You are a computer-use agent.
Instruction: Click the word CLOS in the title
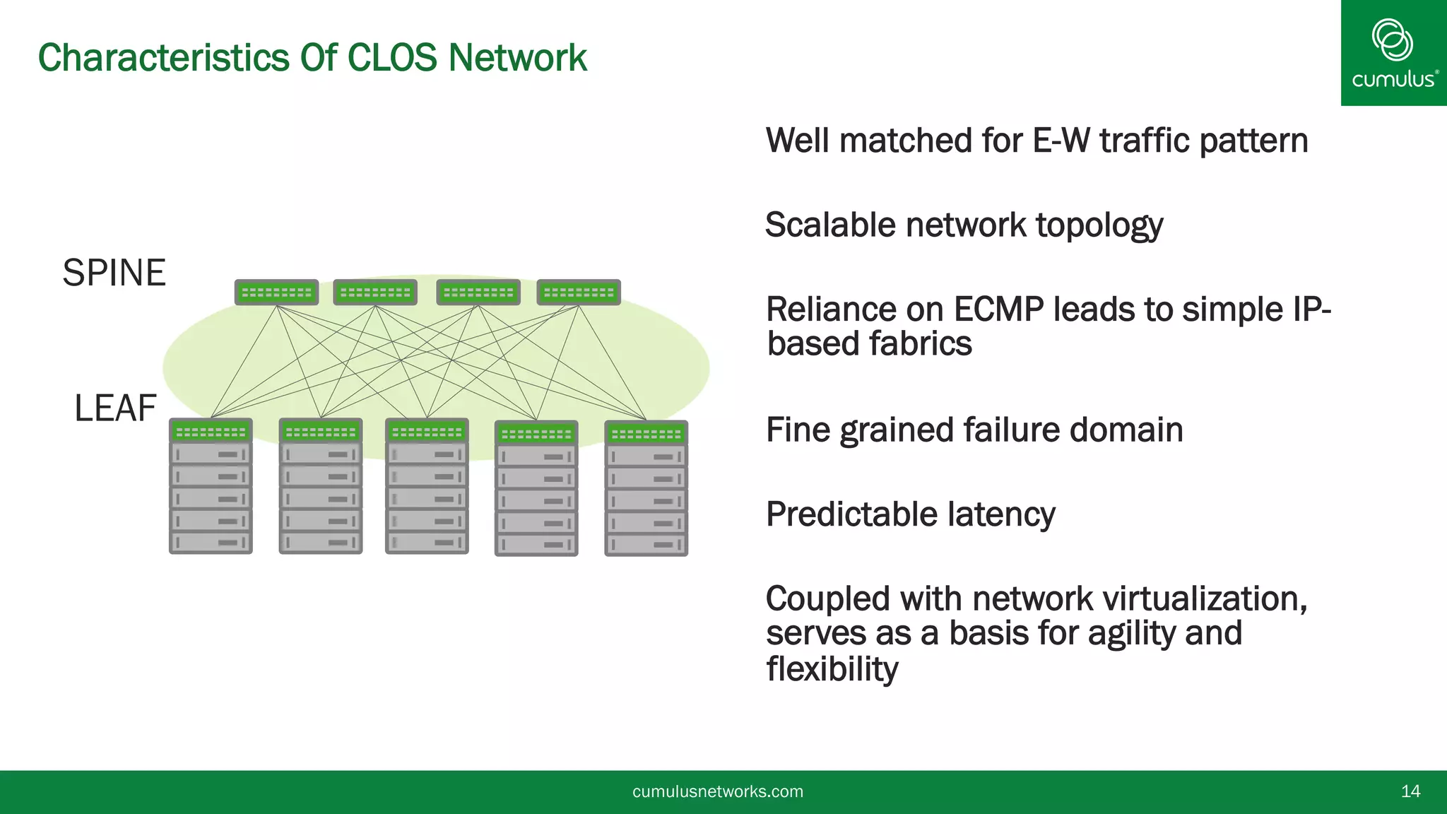[392, 57]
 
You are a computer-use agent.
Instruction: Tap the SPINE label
[114, 273]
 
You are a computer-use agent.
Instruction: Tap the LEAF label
[115, 408]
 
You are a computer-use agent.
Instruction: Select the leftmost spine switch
[276, 292]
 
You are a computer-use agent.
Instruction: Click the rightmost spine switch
[579, 292]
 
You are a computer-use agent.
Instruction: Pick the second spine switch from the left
[375, 292]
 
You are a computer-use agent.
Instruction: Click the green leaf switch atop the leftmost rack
[211, 431]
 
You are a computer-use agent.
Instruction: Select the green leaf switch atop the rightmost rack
[646, 433]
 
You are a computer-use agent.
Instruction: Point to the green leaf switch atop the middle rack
[427, 431]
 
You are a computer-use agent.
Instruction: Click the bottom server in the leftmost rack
[211, 543]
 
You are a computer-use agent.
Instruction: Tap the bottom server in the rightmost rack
[646, 545]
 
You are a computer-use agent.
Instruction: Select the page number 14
[1410, 791]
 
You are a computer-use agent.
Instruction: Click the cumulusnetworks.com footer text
[717, 791]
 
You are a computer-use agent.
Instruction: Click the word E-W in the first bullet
[1061, 140]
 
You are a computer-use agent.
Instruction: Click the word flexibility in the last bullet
[832, 668]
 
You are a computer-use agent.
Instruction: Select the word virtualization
[1204, 598]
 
